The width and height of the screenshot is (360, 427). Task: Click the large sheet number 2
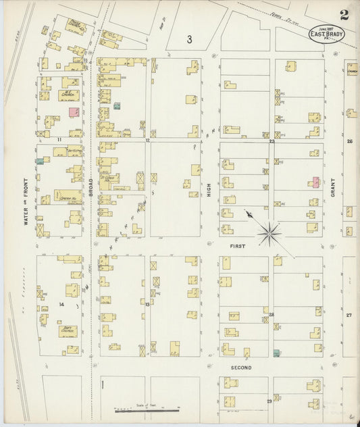point(344,15)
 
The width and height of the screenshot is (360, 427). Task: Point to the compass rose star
point(270,234)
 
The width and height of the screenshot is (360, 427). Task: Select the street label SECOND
point(241,368)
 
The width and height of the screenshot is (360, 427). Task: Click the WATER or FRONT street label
point(26,203)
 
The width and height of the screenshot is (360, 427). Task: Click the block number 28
point(272,315)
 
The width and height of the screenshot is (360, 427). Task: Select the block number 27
point(349,315)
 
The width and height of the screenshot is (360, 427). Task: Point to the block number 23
point(272,142)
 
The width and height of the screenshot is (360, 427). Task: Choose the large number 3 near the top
point(190,40)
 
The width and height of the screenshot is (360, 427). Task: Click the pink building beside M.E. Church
point(74,111)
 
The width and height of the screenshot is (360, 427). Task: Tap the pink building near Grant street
point(315,181)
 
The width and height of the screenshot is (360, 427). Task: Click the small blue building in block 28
point(276,353)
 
